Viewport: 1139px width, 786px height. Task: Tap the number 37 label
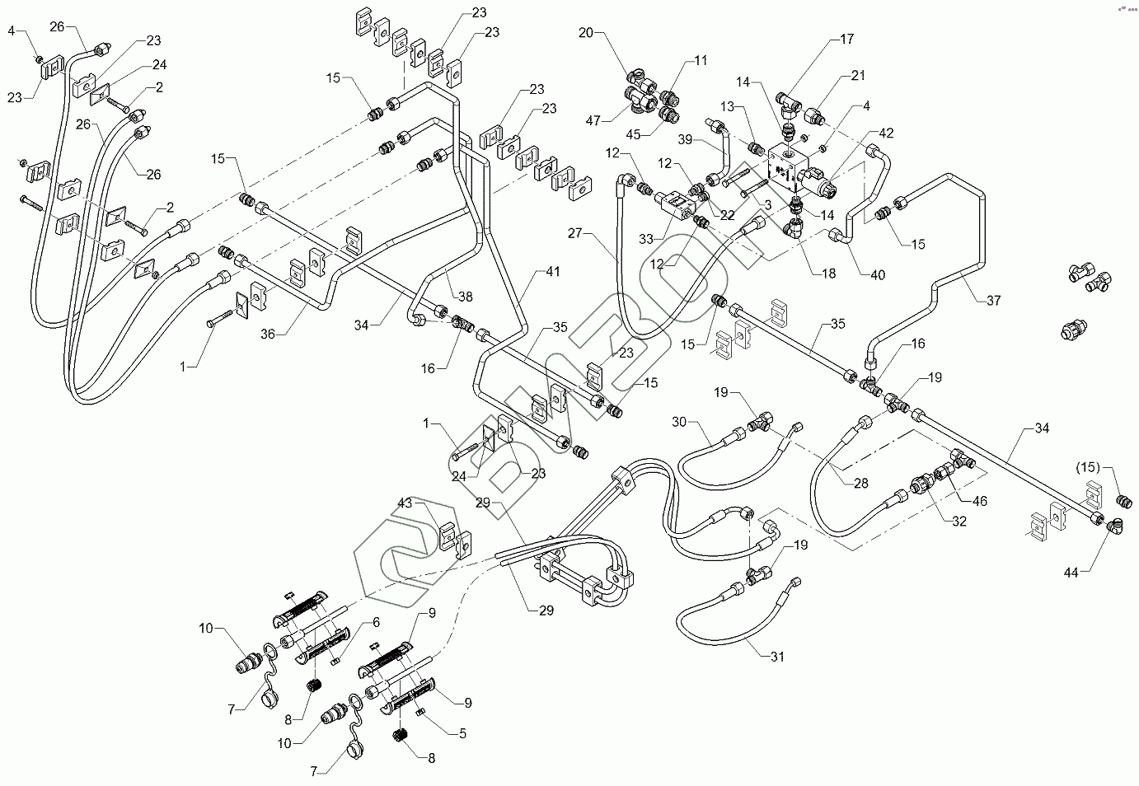click(x=993, y=301)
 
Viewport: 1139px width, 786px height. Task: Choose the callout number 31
click(x=776, y=657)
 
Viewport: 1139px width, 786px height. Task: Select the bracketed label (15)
click(x=1089, y=467)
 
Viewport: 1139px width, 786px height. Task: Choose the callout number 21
click(x=858, y=76)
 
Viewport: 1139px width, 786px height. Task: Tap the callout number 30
click(x=679, y=422)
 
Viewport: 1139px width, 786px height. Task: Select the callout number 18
click(x=827, y=274)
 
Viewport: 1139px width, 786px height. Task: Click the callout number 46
click(x=979, y=501)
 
